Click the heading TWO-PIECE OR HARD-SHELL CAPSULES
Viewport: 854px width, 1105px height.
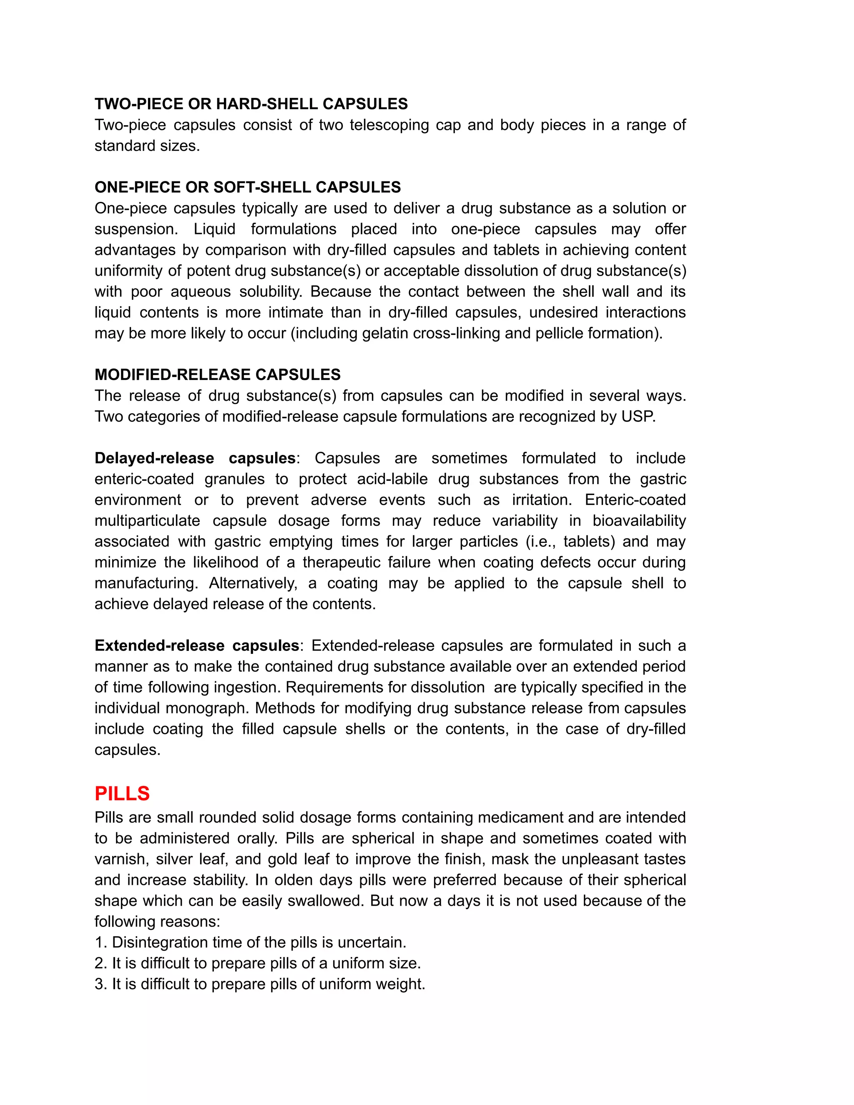[251, 104]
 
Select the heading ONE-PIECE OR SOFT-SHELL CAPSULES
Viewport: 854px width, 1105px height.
[247, 187]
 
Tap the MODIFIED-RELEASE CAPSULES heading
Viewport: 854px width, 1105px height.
[218, 374]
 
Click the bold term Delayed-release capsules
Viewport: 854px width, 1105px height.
[195, 458]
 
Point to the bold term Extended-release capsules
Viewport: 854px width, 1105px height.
[197, 645]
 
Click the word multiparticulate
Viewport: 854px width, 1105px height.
[147, 521]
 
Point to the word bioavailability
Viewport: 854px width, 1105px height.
[639, 521]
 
